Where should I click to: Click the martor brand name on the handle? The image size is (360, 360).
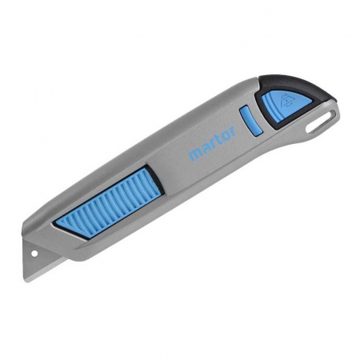click(213, 143)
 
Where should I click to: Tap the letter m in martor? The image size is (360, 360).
click(194, 154)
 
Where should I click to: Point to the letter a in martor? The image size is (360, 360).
click(205, 149)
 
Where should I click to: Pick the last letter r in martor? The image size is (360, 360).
click(233, 132)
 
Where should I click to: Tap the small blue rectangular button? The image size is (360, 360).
click(251, 120)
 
